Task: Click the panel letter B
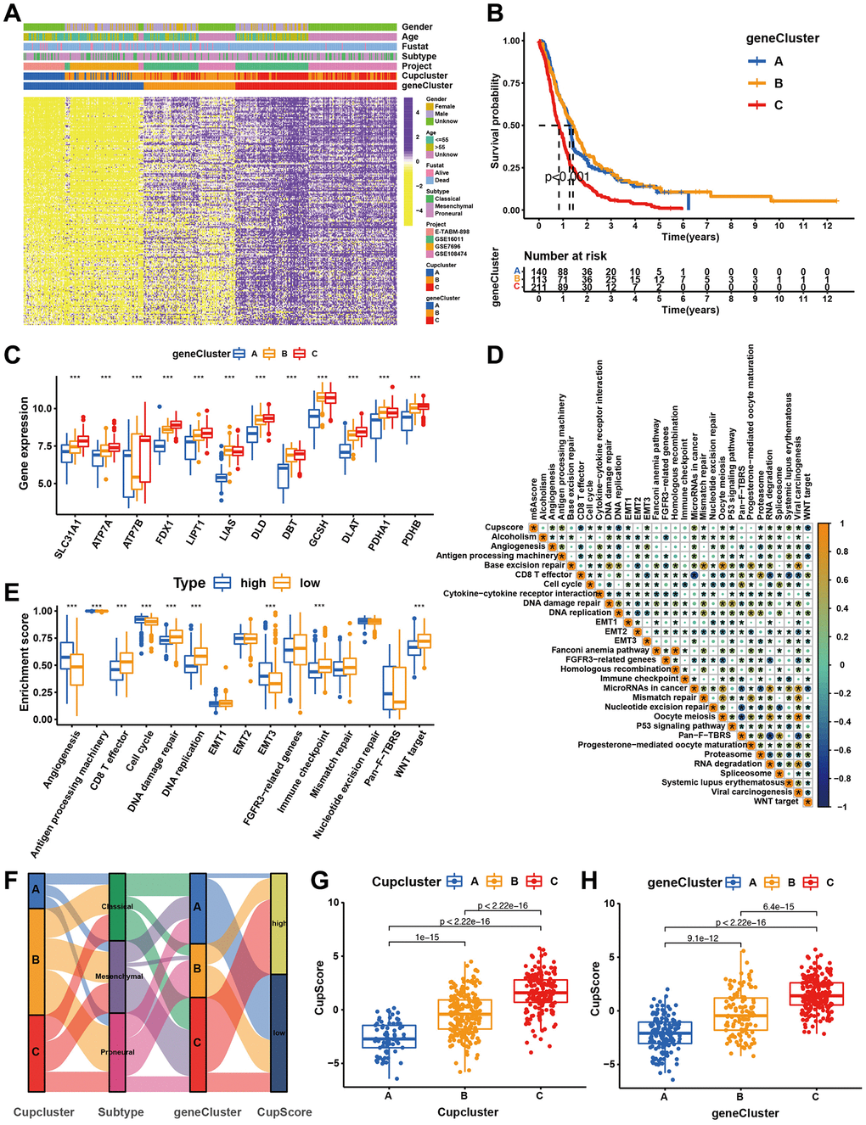click(x=495, y=14)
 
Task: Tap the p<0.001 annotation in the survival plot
click(x=567, y=177)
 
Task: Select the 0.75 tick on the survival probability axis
click(x=511, y=83)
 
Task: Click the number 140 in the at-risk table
click(x=539, y=272)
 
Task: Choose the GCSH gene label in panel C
click(x=319, y=533)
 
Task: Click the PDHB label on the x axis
click(x=412, y=533)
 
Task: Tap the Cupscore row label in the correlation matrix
click(x=503, y=527)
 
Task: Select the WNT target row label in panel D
click(x=776, y=801)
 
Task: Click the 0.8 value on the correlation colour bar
click(x=841, y=551)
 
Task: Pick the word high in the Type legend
click(x=253, y=583)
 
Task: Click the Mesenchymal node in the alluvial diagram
click(x=119, y=977)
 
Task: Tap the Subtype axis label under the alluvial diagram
click(x=121, y=1111)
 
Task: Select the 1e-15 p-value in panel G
click(x=427, y=937)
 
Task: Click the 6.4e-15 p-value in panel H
click(x=778, y=907)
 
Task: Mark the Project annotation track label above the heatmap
click(x=417, y=66)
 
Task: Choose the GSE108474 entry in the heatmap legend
click(x=451, y=254)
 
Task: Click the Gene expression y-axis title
click(x=24, y=444)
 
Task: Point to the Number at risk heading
click(x=565, y=255)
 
